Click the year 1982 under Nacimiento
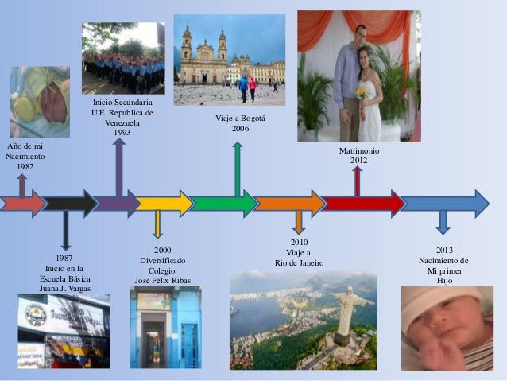tap(25, 167)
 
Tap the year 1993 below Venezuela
tap(122, 133)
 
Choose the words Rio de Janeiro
tap(300, 263)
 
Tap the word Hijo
tap(443, 281)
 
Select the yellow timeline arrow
tap(163, 203)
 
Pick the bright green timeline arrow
tap(223, 203)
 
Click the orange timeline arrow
tap(289, 203)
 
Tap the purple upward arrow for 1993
tap(118, 167)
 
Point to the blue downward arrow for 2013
tap(443, 222)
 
